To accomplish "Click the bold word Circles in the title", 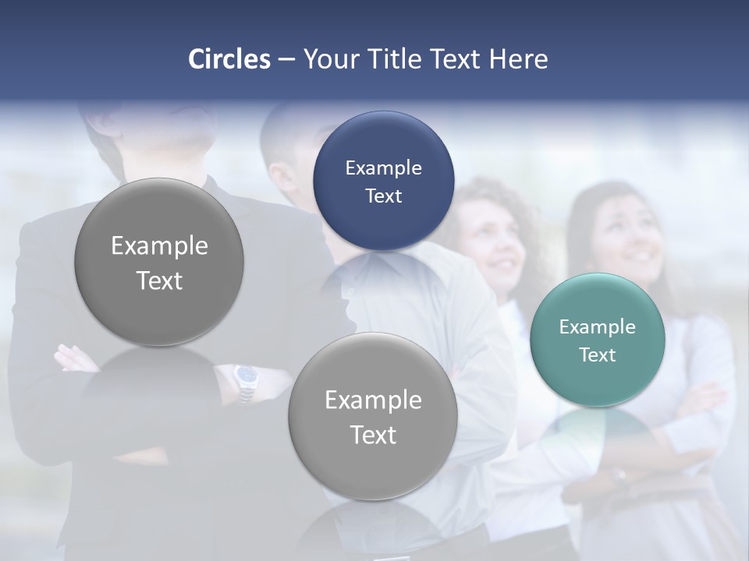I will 229,59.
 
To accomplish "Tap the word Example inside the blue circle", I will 383,168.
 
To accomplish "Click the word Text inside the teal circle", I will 597,355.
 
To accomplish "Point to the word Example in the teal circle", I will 597,327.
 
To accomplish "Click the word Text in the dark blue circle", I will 383,196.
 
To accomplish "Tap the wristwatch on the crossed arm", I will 247,379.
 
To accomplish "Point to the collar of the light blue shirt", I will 382,265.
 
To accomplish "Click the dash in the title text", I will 286,59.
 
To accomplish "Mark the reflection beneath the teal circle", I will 597,432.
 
